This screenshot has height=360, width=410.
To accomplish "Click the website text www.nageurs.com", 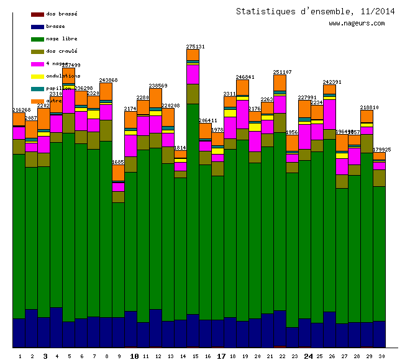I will [357, 24].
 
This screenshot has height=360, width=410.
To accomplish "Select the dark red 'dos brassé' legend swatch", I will [37, 14].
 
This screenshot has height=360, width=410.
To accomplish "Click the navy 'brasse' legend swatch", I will [37, 26].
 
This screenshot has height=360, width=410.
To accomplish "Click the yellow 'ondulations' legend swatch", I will [37, 76].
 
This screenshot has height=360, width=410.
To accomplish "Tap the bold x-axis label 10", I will [134, 356].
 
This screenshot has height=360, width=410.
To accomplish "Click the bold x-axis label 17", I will [221, 356].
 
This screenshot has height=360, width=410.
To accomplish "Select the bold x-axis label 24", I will [308, 356].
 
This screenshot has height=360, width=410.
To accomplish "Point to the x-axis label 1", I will [20, 356].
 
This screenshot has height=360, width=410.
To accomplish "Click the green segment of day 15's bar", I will [193, 205].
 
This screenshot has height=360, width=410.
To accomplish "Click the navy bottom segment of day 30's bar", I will [379, 333].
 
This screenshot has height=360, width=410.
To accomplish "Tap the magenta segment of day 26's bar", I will [329, 114].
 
